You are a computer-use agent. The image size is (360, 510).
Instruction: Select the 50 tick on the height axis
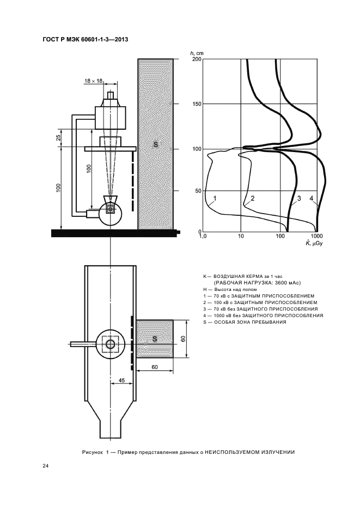click(198, 191)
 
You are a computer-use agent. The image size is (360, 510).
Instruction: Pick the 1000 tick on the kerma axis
click(318, 237)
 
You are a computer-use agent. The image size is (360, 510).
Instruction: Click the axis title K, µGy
click(315, 244)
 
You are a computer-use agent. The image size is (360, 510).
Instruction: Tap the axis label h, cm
click(197, 53)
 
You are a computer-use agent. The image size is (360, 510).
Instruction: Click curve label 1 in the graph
click(215, 198)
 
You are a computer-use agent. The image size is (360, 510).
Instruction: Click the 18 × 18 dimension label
click(94, 81)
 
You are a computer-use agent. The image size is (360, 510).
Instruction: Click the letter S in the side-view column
click(155, 144)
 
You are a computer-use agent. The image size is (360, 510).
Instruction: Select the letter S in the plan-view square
click(155, 339)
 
